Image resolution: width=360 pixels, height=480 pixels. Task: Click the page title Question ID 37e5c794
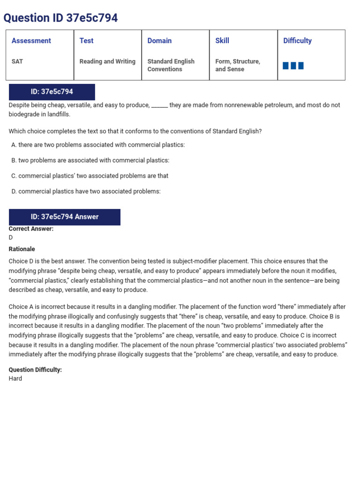(60, 18)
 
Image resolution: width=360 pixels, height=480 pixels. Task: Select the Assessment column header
(31, 41)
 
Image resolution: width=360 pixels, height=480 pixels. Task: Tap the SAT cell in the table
(17, 61)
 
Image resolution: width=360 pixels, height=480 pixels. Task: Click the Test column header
(86, 41)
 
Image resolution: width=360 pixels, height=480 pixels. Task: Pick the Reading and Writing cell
(107, 61)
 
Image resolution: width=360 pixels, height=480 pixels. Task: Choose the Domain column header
(159, 41)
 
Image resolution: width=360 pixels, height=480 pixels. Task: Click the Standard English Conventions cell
(171, 65)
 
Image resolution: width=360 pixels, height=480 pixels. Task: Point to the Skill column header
(222, 41)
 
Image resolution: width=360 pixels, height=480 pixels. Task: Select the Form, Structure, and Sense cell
(238, 65)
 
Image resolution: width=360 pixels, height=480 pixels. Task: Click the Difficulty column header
(297, 41)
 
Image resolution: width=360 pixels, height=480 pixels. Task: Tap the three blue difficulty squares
(293, 66)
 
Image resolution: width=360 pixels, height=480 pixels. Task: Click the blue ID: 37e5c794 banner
(52, 92)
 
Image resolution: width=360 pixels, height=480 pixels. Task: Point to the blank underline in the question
(160, 106)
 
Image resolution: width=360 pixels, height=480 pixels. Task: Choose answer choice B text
(93, 160)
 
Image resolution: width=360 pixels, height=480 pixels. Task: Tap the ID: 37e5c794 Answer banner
(65, 217)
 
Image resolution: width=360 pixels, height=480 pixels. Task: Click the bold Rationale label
(22, 249)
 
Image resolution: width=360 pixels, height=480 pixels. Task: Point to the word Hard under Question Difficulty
(15, 378)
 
